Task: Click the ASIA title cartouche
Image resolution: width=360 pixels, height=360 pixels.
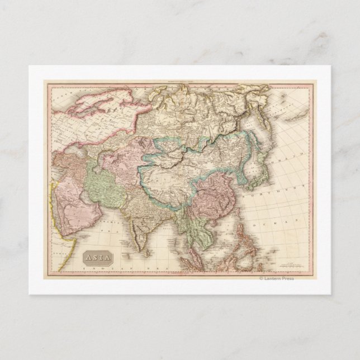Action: point(98,258)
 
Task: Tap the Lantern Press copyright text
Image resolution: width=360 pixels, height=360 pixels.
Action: point(276,278)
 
